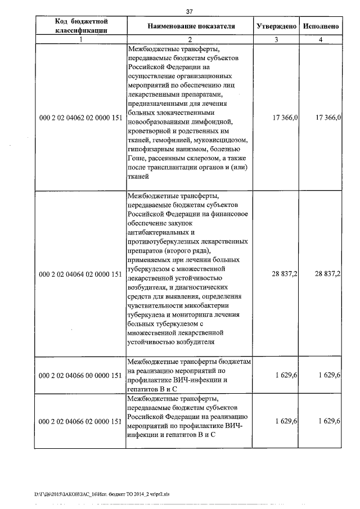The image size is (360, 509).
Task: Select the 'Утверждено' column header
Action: coord(277,26)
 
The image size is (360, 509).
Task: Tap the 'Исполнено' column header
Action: coord(320,26)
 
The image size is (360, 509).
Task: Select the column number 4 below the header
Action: coord(320,39)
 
